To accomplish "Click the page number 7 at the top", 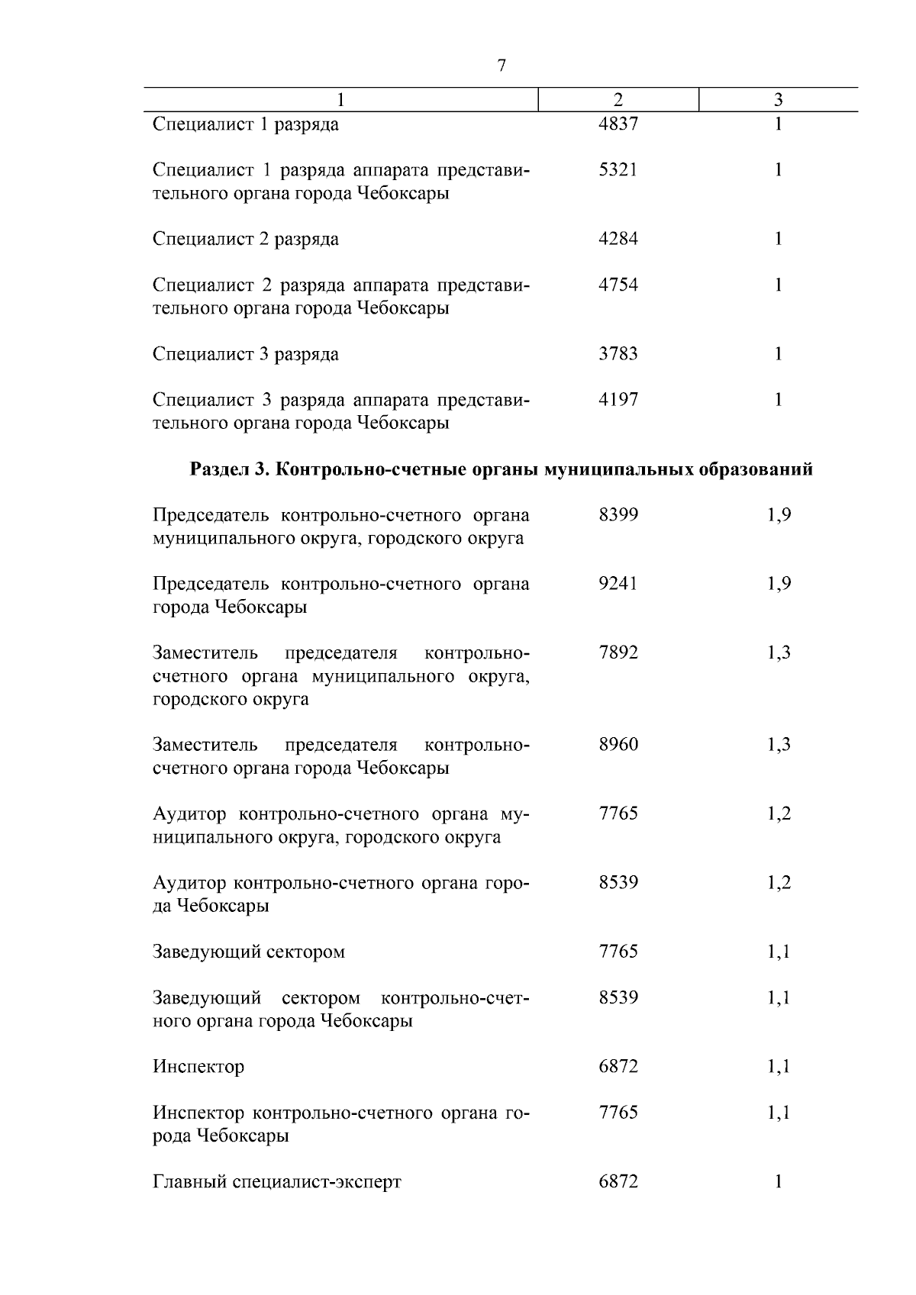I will (x=501, y=66).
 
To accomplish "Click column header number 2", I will (x=618, y=100).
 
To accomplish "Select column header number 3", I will (x=778, y=100).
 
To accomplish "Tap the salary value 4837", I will (x=618, y=124).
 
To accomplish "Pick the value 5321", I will (x=618, y=170).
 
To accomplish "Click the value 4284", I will (x=618, y=239).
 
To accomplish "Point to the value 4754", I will (x=618, y=285).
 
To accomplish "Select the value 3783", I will (x=618, y=354).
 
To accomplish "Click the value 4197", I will (x=618, y=400).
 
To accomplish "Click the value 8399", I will (x=618, y=515).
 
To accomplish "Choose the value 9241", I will (x=618, y=584).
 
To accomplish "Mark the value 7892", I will (x=618, y=653).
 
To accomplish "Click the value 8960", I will (x=618, y=745).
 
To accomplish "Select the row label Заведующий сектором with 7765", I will (x=249, y=952).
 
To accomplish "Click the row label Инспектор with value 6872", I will (x=198, y=1067).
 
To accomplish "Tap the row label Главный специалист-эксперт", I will (x=276, y=1182).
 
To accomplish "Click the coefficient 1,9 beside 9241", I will (x=779, y=584).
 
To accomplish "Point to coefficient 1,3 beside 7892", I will (x=779, y=653).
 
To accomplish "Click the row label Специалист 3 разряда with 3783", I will (x=246, y=354).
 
